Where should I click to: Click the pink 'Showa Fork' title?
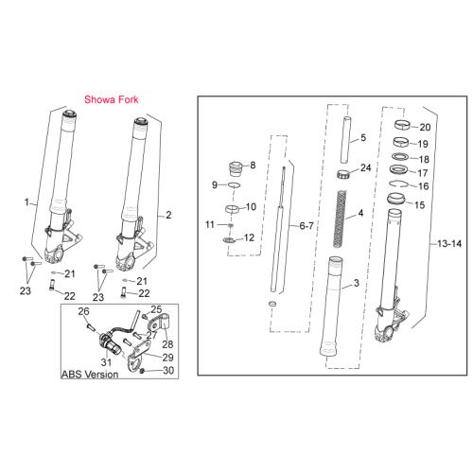[x=112, y=99]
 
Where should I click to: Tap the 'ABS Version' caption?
[x=90, y=375]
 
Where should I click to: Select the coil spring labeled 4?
[x=340, y=219]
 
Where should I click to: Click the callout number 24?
[x=365, y=167]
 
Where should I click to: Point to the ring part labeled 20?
[x=402, y=125]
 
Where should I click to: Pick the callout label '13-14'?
[x=449, y=243]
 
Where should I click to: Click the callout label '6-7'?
[x=307, y=226]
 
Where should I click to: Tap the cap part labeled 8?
[x=236, y=169]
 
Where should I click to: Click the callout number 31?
[x=106, y=361]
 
